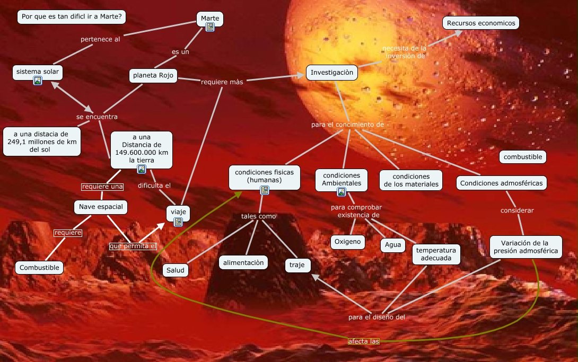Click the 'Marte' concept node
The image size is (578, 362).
point(210,19)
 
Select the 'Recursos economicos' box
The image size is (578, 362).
point(480,23)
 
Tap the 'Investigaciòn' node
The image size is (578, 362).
point(331,73)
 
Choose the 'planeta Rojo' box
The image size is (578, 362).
point(153,75)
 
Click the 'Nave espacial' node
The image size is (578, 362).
point(101,207)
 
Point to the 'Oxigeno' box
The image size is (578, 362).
point(348,242)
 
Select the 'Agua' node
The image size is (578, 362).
point(393,245)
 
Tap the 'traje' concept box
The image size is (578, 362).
point(297,265)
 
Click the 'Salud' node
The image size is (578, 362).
point(176,270)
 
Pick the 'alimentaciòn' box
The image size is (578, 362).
point(243,262)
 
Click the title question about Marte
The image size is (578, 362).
point(71,17)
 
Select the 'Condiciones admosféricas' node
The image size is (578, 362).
point(501,183)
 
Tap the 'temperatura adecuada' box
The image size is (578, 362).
point(436,254)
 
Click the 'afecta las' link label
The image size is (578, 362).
point(364,341)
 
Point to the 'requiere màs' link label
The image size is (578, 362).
point(222,82)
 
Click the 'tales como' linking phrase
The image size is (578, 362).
point(258,216)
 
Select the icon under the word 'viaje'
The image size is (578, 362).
point(178,222)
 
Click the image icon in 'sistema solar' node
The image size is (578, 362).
point(38,81)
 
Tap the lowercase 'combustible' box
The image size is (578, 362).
point(523,156)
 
